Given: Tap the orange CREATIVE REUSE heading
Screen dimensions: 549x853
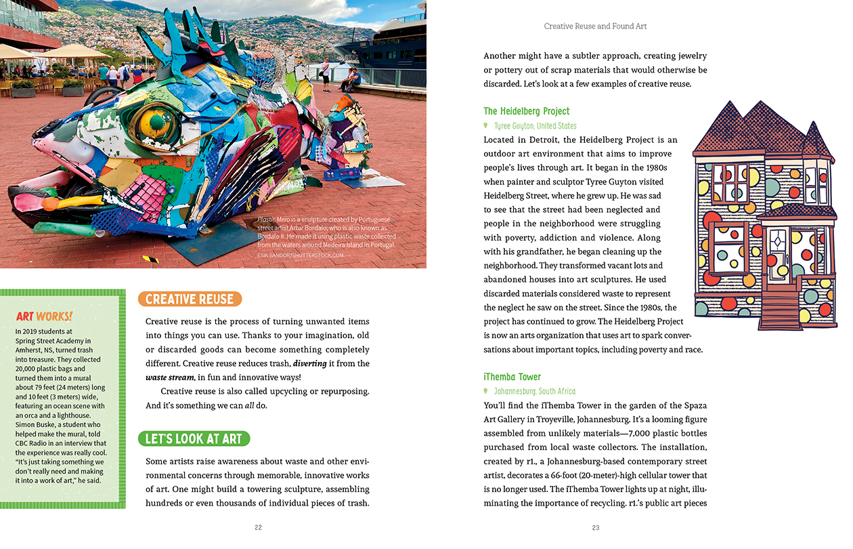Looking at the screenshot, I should tap(190, 300).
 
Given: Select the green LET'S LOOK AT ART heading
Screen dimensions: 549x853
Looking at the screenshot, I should tap(194, 439).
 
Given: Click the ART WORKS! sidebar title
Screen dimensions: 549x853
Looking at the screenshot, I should tap(45, 317).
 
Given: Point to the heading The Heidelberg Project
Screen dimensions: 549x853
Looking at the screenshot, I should tap(526, 111).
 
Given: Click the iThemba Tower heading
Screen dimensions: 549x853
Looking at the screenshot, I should tap(512, 377).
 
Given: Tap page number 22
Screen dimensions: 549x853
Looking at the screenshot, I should tap(258, 527).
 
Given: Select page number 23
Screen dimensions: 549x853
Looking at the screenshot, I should tap(596, 527).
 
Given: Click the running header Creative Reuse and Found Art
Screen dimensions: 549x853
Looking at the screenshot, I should tap(595, 26).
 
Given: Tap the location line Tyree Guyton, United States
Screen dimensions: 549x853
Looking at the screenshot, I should tap(535, 126).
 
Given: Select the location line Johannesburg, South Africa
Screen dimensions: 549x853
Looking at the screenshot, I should tap(535, 392).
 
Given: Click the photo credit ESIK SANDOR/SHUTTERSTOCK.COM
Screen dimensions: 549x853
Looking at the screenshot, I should tap(301, 256).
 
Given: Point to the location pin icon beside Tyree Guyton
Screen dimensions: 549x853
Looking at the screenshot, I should tap(485, 126).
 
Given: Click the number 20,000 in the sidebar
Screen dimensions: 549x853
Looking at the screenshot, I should tap(28, 368).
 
